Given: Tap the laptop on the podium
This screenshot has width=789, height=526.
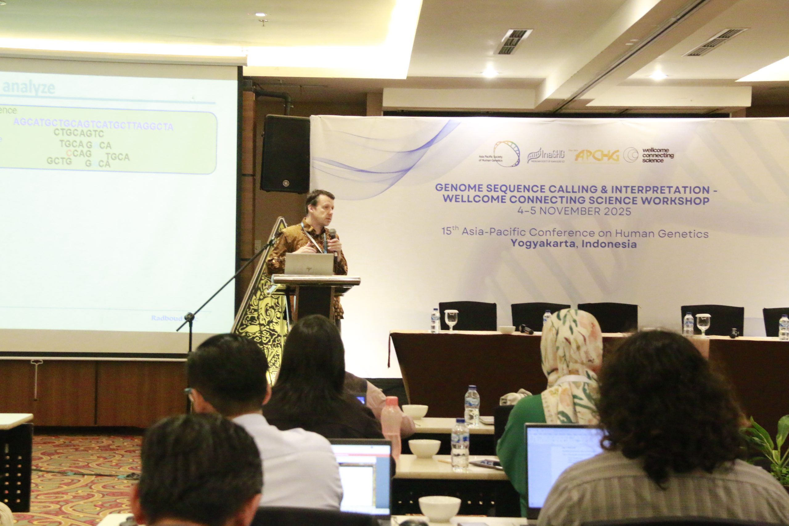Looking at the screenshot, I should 309,264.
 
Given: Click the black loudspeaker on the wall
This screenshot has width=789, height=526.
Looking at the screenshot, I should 285,154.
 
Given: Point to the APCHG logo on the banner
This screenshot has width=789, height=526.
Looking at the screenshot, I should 597,156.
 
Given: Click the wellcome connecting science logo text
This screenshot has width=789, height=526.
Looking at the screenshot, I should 657,155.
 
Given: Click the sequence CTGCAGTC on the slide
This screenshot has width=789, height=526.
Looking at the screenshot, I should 79,133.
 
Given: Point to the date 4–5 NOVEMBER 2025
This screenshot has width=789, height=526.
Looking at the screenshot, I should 574,211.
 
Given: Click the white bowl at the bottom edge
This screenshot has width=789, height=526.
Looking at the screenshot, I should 439,508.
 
